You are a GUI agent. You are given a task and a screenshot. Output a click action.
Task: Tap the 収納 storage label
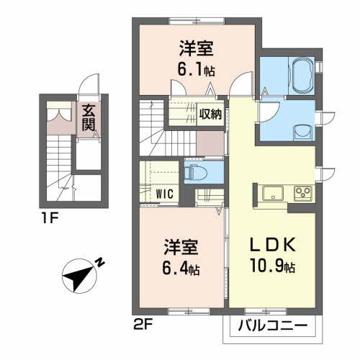(210, 113)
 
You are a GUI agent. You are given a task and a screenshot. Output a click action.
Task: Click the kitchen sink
(274, 193)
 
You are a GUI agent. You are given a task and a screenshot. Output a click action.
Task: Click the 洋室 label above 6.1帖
(195, 50)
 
